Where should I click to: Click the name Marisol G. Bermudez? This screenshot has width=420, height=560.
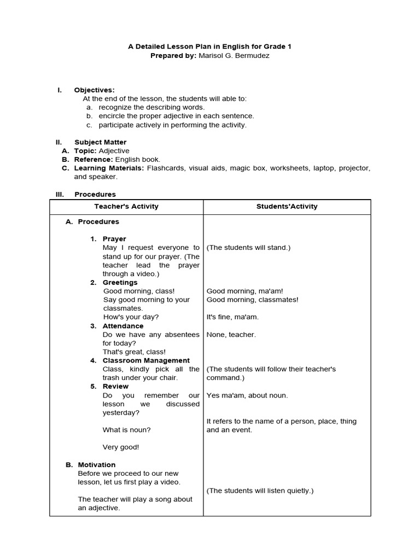click(x=237, y=56)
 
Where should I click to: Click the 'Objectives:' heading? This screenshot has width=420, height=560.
click(x=94, y=90)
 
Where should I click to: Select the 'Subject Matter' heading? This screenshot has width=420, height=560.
click(x=100, y=142)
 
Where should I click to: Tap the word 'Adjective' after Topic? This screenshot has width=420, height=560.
click(x=114, y=151)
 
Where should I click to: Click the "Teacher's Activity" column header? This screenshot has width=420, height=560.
click(x=126, y=207)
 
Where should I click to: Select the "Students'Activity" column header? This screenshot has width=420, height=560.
click(x=287, y=207)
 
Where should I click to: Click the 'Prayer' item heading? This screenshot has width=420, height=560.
click(x=114, y=239)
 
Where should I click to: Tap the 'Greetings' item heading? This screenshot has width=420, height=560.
click(x=120, y=283)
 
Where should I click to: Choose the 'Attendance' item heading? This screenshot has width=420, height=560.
click(x=123, y=326)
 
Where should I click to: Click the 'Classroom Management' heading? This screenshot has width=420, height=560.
click(x=146, y=361)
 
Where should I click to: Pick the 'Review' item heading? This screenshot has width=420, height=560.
click(x=115, y=387)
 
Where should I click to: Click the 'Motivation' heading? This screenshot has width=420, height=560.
click(x=97, y=465)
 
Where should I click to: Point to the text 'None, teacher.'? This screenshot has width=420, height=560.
click(x=231, y=335)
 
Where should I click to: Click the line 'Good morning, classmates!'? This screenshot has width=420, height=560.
click(x=252, y=300)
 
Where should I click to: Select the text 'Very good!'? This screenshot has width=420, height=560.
click(x=121, y=447)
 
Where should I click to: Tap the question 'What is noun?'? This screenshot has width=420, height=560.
click(x=126, y=430)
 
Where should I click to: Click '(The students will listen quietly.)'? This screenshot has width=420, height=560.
click(x=260, y=491)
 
